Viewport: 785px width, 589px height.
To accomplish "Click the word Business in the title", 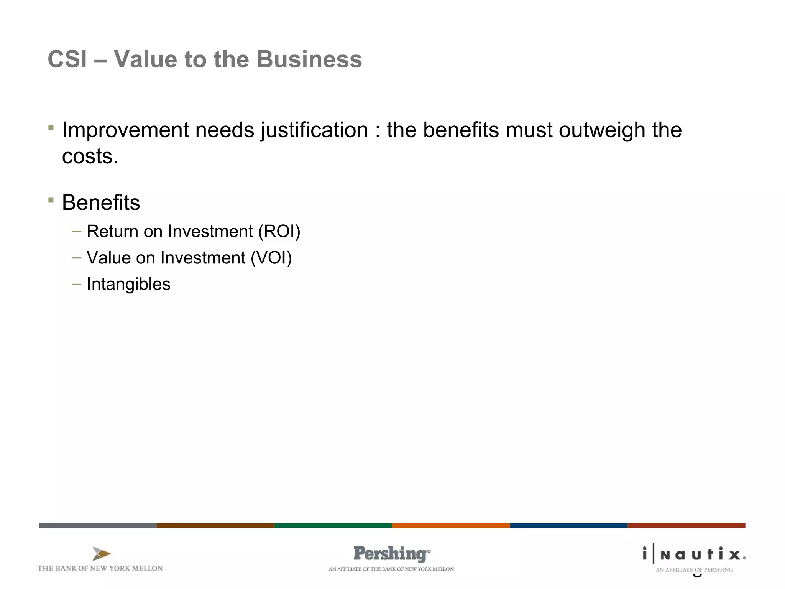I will click(x=309, y=59).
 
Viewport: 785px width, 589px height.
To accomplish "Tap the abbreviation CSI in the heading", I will click(x=67, y=59).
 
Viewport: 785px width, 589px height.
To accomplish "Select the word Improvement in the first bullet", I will click(x=125, y=130).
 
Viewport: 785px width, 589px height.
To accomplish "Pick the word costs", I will click(x=90, y=156).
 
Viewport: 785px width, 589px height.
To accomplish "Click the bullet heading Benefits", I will click(x=101, y=202).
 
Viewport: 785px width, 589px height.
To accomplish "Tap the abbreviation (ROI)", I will click(x=279, y=232).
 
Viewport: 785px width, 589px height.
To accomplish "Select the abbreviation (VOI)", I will click(x=271, y=258).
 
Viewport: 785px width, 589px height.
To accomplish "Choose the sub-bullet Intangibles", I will click(x=128, y=284).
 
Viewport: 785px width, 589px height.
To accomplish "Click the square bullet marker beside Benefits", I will click(x=51, y=200).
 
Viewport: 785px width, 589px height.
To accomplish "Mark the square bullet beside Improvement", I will click(x=51, y=127).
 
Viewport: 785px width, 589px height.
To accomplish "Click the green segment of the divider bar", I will click(x=333, y=525).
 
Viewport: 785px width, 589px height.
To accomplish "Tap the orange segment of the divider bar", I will click(x=451, y=525).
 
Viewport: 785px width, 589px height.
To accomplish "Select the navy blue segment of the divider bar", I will click(x=568, y=525).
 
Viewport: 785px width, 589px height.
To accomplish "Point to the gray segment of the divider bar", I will click(x=98, y=525).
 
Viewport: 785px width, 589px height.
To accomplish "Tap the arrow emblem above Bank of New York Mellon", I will click(x=101, y=554).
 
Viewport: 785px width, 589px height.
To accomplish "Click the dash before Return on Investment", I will click(x=76, y=232).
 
